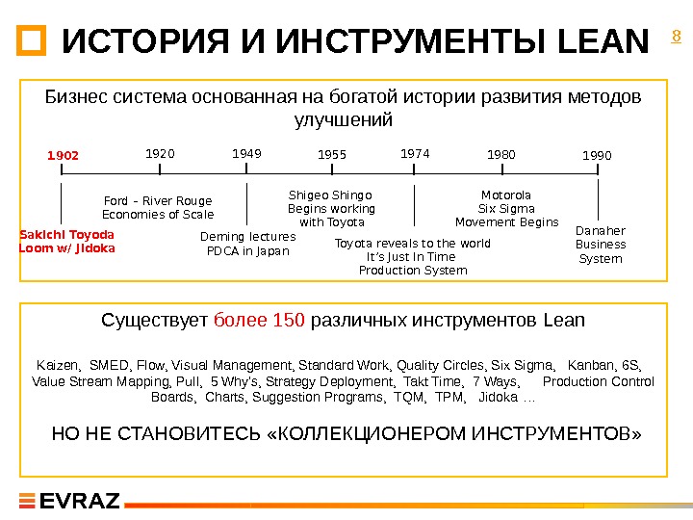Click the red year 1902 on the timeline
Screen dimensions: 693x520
point(64,155)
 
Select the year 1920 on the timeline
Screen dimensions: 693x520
point(160,153)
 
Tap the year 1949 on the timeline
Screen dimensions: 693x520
point(247,152)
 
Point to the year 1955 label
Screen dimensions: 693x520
point(331,155)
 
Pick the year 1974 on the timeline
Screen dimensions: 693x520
point(414,152)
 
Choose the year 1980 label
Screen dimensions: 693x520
point(501,154)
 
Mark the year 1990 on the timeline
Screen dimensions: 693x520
point(598,155)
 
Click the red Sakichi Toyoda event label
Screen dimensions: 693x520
point(67,241)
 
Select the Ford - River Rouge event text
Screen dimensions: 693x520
point(158,208)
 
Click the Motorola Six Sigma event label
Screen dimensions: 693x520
point(506,208)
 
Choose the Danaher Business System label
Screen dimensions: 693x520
point(601,245)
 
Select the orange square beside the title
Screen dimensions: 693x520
point(31,41)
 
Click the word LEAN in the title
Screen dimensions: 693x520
point(603,42)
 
